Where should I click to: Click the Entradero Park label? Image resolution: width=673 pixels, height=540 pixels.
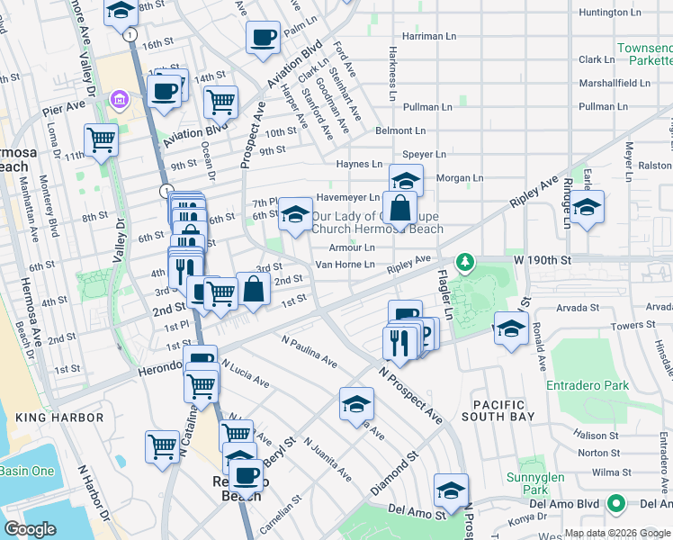click(587, 385)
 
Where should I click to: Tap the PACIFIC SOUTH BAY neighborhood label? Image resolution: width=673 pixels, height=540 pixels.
click(498, 409)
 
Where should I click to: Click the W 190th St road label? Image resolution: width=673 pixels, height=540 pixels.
click(543, 260)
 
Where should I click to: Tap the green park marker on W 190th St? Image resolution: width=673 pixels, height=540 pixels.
click(464, 262)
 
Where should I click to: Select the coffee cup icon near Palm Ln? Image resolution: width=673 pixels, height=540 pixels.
click(263, 38)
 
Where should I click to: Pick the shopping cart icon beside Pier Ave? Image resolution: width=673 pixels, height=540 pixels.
click(101, 139)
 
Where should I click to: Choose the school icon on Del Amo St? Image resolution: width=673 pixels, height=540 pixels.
click(451, 490)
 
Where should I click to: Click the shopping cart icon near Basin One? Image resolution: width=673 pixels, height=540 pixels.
click(163, 445)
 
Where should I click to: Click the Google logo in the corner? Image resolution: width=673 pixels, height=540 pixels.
click(31, 529)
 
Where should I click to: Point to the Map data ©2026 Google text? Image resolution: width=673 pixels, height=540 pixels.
click(616, 533)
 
